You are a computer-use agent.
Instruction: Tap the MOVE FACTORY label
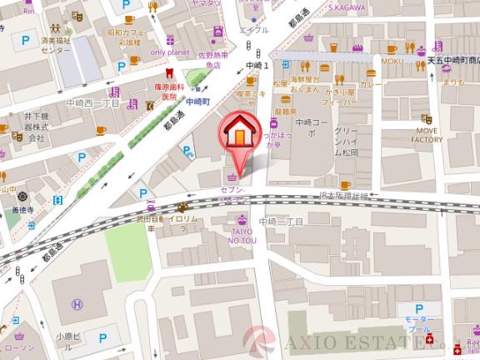click(426, 135)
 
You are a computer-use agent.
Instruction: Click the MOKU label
click(392, 62)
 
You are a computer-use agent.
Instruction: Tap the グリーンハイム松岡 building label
click(346, 142)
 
